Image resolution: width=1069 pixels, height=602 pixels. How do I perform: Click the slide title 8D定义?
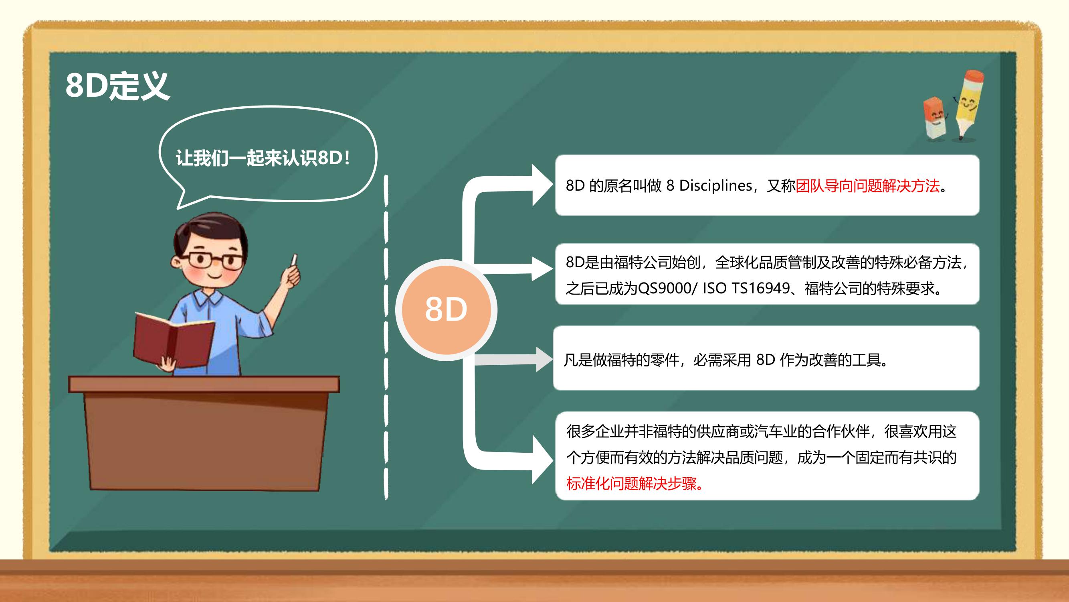[x=117, y=85]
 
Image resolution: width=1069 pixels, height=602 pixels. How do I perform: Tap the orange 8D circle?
[x=446, y=309]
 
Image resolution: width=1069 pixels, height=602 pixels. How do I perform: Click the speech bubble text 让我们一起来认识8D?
[x=263, y=158]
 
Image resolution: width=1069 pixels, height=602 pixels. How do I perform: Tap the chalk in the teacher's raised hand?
[x=295, y=259]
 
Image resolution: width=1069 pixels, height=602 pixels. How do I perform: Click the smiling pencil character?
[x=969, y=105]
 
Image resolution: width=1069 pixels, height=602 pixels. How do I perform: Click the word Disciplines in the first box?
[x=715, y=185]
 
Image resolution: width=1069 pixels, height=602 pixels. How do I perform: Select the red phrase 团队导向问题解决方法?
[x=867, y=186]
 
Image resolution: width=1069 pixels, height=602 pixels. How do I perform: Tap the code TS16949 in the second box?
[x=760, y=288]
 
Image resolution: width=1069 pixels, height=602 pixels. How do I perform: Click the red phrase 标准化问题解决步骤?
[x=631, y=483]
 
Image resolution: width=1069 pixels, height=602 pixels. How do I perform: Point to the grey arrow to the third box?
[x=514, y=359]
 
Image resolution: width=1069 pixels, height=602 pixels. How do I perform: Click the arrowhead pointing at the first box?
[x=542, y=185]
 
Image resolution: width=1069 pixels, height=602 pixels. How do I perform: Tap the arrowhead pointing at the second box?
[x=542, y=269]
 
